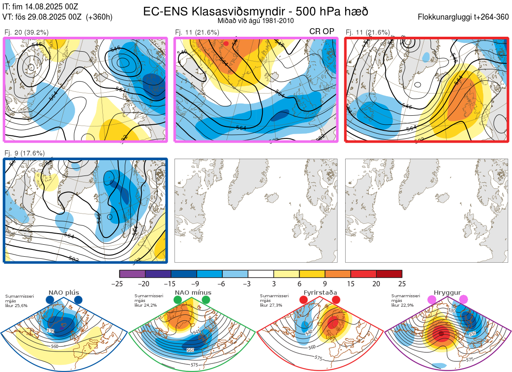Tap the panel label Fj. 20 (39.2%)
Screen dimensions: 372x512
pyautogui.click(x=26, y=32)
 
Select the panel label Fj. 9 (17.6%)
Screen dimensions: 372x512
pyautogui.click(x=24, y=153)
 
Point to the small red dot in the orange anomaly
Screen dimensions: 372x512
pyautogui.click(x=226, y=44)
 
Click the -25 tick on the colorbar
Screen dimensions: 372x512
pyautogui.click(x=120, y=283)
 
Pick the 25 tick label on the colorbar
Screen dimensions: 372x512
pyautogui.click(x=401, y=283)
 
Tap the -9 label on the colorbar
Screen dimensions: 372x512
pyautogui.click(x=197, y=283)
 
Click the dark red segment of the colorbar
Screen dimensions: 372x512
pyautogui.click(x=389, y=274)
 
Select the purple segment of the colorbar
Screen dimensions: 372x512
pyautogui.click(x=132, y=274)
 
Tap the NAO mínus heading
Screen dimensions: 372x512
pyautogui.click(x=193, y=293)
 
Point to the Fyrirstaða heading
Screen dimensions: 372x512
pyautogui.click(x=320, y=293)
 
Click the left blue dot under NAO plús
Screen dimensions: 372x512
pyautogui.click(x=50, y=300)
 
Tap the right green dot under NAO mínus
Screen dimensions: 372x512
pyautogui.click(x=206, y=300)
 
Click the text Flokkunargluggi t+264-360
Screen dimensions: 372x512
pyautogui.click(x=464, y=17)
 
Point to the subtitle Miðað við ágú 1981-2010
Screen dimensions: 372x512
pyautogui.click(x=255, y=21)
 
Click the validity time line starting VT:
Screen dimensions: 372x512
pyautogui.click(x=58, y=17)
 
